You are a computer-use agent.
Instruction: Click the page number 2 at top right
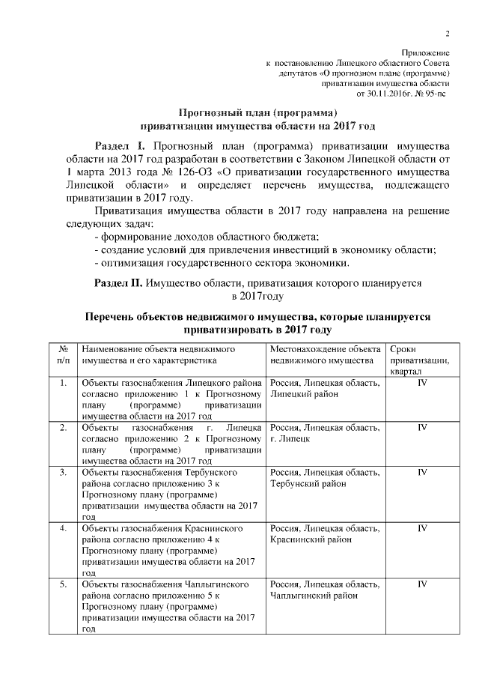tap(448, 33)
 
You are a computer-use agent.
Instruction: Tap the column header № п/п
tap(64, 355)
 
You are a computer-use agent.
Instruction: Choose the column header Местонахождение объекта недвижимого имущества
tap(326, 355)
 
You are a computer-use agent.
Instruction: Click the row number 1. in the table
tap(64, 384)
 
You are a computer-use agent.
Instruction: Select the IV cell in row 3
tap(422, 473)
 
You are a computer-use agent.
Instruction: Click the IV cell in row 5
tap(422, 583)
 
